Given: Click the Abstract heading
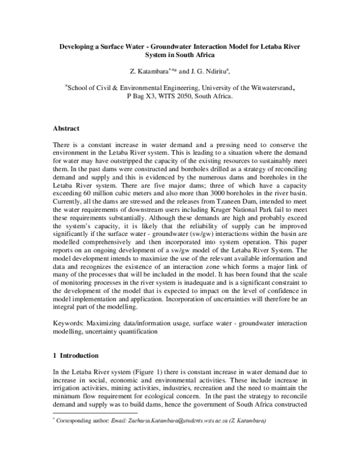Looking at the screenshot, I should click(x=67, y=129).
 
